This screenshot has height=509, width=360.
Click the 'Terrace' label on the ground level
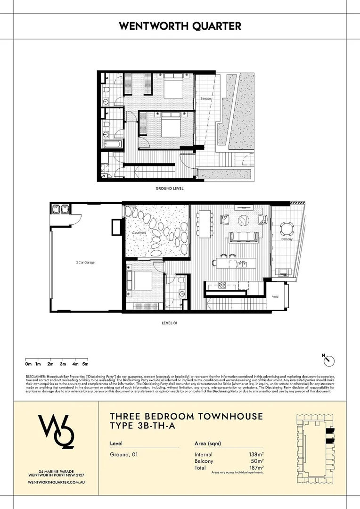point(205,99)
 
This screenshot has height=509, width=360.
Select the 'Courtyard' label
point(139,233)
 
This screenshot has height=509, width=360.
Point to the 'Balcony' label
point(287,239)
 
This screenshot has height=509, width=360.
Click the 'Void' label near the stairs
point(275,297)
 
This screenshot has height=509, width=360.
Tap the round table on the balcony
point(286,230)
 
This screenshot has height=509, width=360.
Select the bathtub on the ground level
point(113,144)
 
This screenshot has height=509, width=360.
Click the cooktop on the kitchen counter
point(221,285)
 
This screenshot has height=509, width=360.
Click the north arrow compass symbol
point(329,361)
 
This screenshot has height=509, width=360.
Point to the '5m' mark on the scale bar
point(85,364)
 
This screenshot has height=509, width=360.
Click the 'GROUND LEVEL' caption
point(170,188)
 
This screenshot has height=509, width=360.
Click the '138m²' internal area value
point(254,454)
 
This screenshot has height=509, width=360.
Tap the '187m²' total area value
point(254,468)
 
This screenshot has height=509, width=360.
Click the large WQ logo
point(55,432)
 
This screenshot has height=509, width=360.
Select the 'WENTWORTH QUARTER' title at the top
point(180,26)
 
